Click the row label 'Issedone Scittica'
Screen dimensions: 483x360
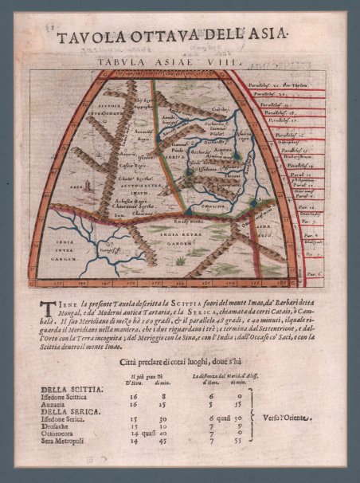72,396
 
